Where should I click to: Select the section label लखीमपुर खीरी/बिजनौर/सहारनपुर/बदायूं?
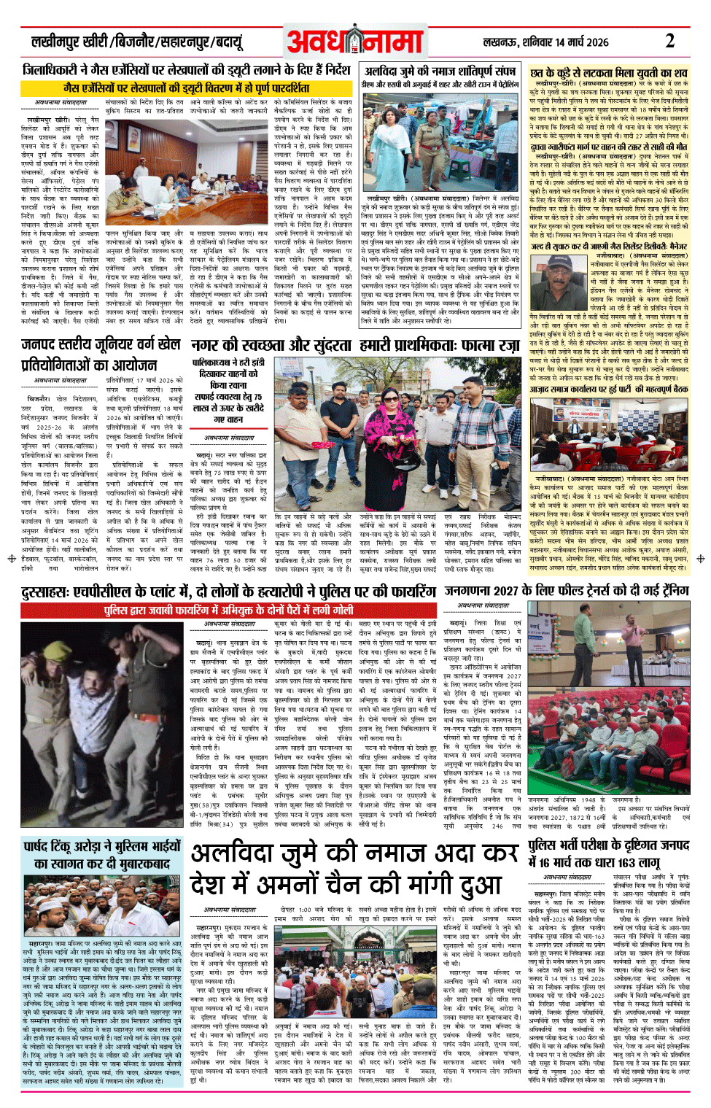[x=136, y=42]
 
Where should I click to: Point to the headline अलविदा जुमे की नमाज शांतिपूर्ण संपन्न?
[x=440, y=71]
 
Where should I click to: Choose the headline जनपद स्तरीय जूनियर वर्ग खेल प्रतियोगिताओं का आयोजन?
[x=100, y=354]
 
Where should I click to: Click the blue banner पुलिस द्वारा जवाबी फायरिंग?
[x=228, y=609]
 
